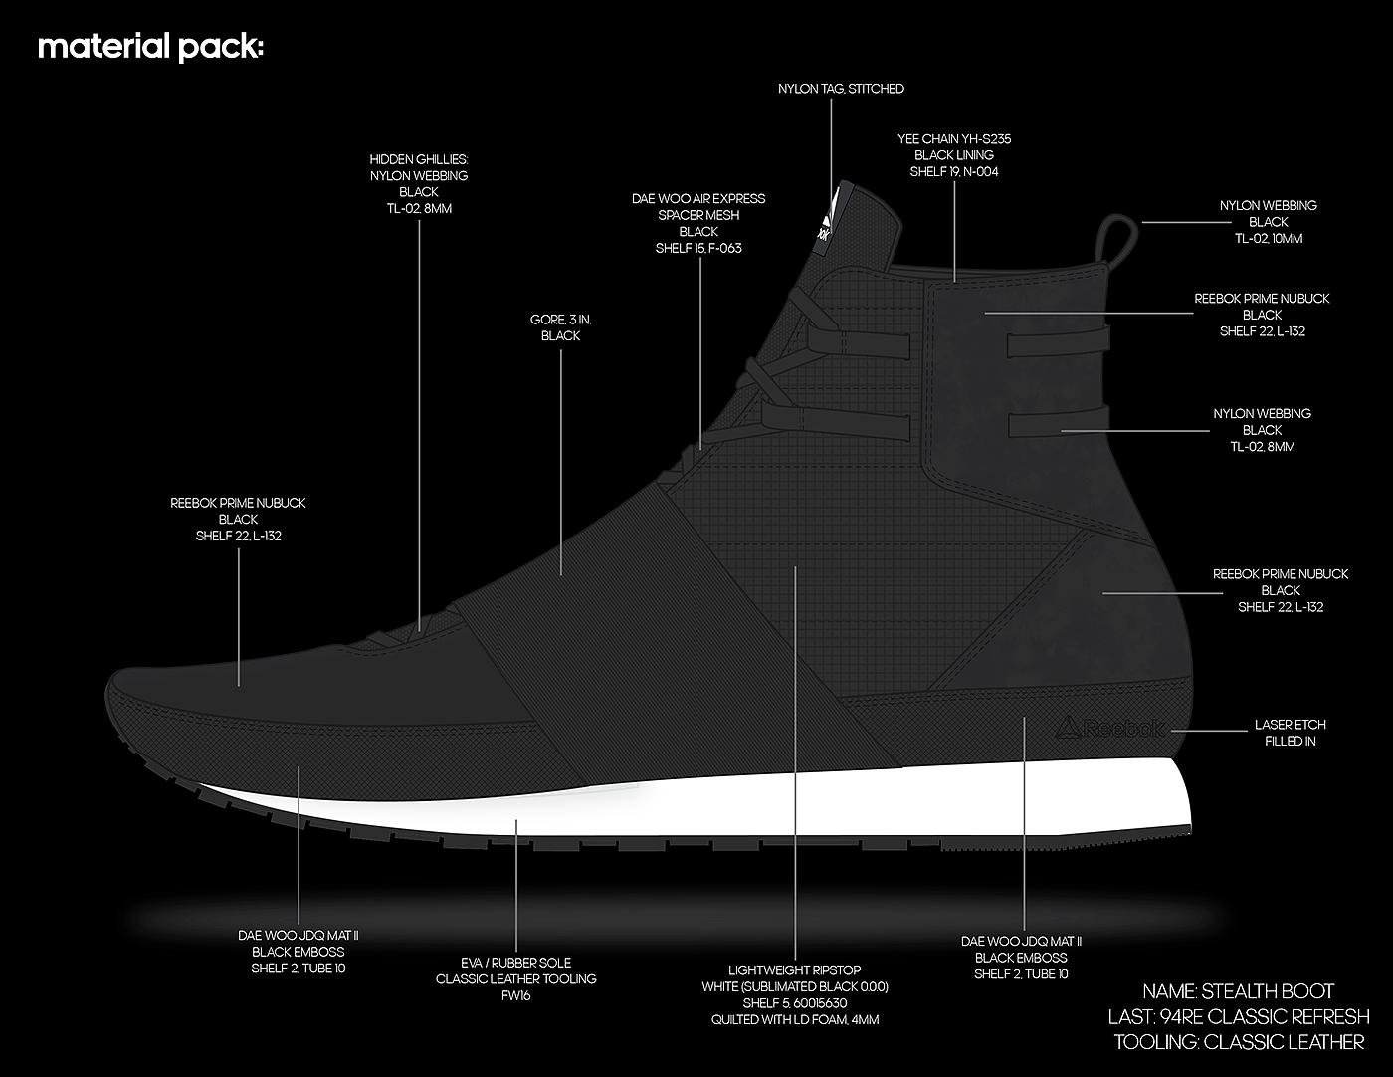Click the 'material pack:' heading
click(150, 48)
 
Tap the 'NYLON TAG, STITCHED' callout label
click(841, 89)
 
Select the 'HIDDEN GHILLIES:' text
click(419, 159)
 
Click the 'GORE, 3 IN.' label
click(561, 320)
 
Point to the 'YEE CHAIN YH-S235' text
click(954, 139)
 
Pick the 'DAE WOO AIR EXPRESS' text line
click(698, 199)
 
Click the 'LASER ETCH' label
click(1290, 725)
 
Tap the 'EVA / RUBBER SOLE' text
click(515, 963)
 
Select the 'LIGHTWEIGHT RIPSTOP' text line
click(795, 970)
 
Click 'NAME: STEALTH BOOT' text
click(1238, 991)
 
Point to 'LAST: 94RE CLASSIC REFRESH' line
click(1238, 1017)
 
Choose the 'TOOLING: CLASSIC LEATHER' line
click(1238, 1042)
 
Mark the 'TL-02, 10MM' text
click(1269, 239)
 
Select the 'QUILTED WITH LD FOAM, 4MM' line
click(795, 1019)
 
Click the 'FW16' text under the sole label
click(515, 995)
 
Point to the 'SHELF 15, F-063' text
click(698, 248)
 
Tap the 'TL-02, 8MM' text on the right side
click(1262, 447)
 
